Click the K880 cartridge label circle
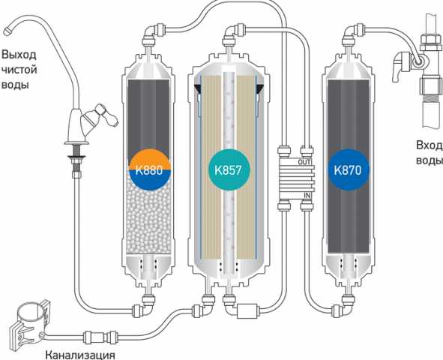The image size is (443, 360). point(149,170)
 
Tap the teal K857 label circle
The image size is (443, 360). point(229,169)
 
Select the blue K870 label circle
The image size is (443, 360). point(348,169)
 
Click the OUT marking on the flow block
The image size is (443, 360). point(305,162)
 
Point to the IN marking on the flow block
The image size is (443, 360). point(307,195)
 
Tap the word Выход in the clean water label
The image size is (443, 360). point(19,55)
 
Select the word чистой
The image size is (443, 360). point(19,70)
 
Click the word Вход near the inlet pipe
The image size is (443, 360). point(430,145)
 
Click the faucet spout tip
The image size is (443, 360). point(7,31)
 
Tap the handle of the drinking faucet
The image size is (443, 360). point(106,115)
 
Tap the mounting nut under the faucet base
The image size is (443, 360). point(76,162)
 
